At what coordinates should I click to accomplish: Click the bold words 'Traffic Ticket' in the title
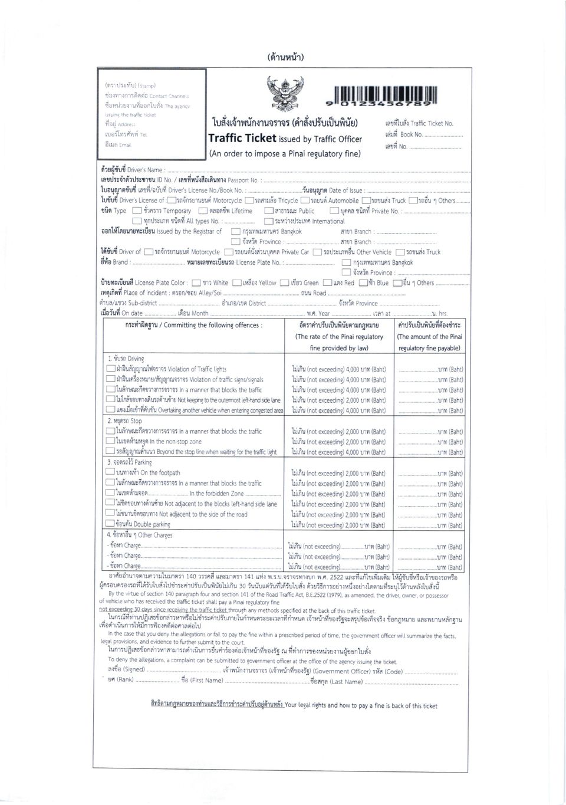click(242, 139)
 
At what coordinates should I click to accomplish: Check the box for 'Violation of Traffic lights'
click(110, 369)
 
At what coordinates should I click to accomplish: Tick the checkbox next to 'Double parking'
click(110, 524)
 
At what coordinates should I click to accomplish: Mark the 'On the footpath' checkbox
click(110, 472)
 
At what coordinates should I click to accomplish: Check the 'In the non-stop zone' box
click(110, 441)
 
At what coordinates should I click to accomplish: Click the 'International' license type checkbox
click(269, 222)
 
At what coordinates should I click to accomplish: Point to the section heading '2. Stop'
click(124, 421)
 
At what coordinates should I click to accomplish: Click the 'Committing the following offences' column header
click(194, 325)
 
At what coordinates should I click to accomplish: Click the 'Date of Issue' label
click(346, 190)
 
